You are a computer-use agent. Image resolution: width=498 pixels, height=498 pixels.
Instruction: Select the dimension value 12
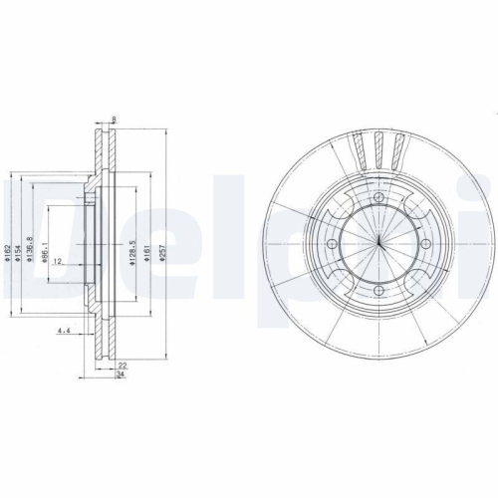click(x=59, y=261)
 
